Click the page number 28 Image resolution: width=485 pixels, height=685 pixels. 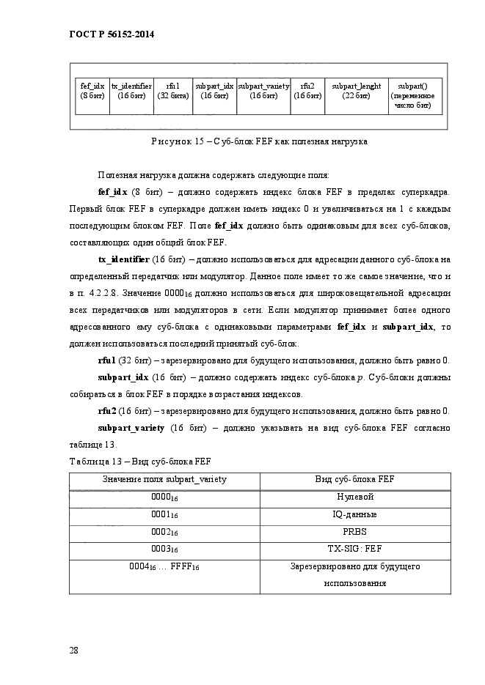pos(74,650)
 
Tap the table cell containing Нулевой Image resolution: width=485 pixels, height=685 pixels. pos(355,497)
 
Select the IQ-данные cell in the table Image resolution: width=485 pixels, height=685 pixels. pos(355,514)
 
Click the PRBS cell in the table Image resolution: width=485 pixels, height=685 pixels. pos(355,532)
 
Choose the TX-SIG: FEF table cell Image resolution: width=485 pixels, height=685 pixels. pos(355,549)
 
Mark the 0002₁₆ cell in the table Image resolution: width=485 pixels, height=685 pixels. pos(165,533)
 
